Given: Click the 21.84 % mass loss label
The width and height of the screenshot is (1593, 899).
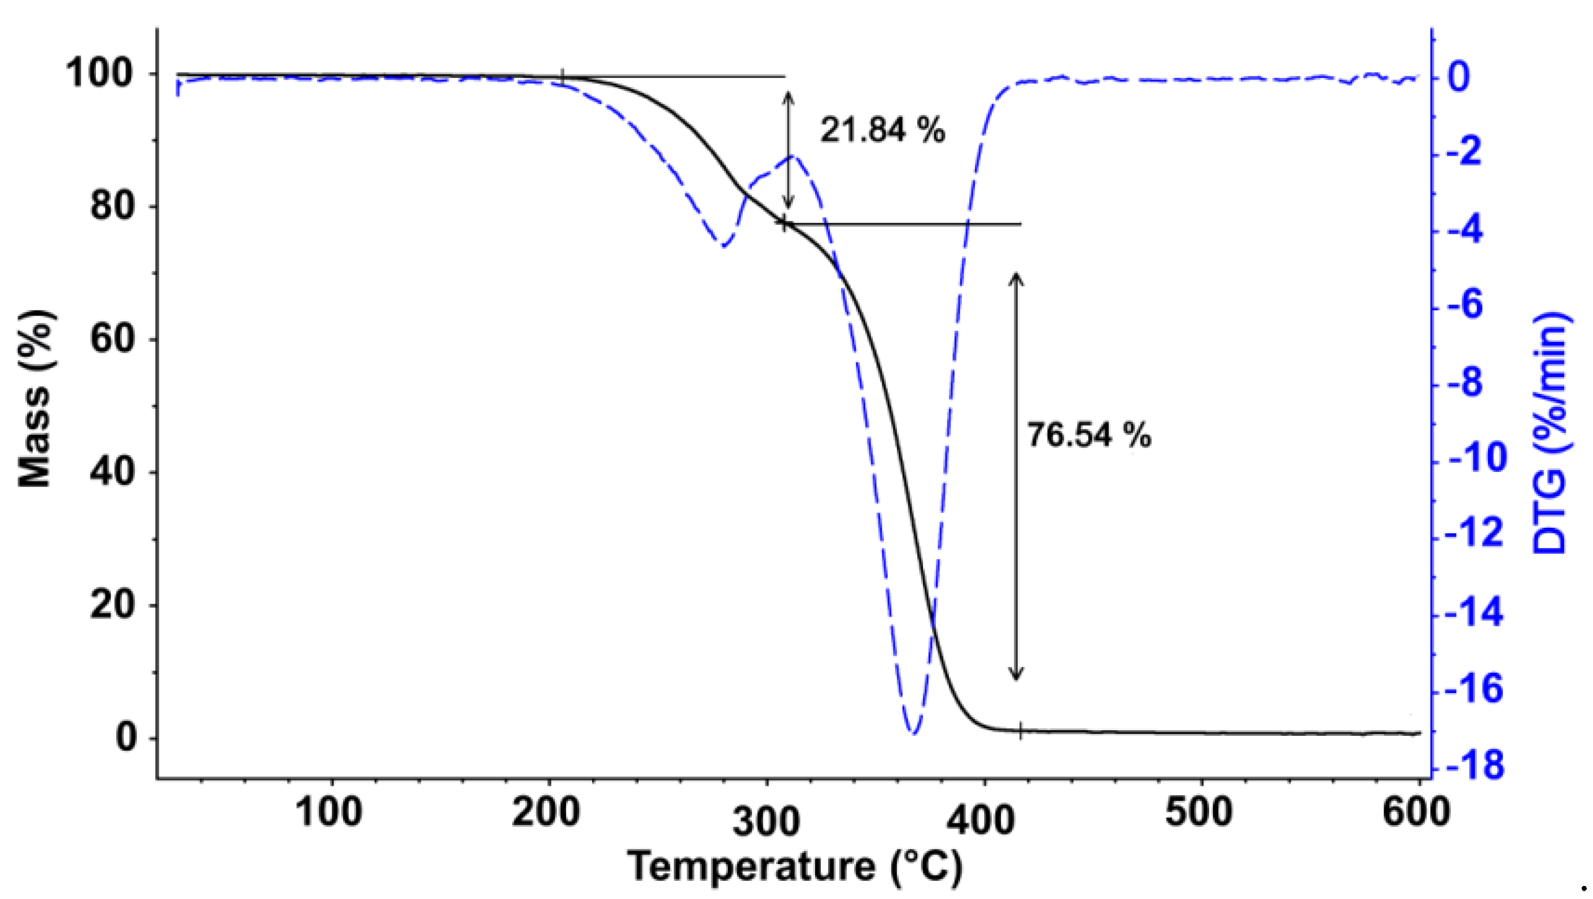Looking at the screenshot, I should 882,131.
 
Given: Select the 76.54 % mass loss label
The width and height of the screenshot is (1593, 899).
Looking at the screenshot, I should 1089,435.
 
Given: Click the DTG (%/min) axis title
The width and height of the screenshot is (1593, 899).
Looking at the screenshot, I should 1552,432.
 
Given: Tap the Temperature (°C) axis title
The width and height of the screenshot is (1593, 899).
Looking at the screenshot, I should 795,866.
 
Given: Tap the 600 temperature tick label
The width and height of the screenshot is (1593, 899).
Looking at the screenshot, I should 1416,813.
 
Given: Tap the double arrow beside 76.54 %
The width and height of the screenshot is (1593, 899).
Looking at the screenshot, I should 1016,476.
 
